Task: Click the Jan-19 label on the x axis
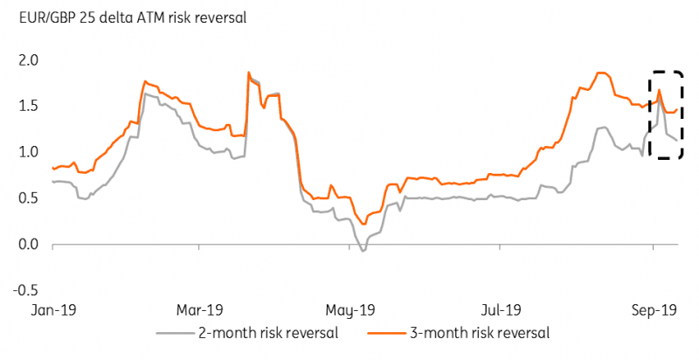(x=52, y=309)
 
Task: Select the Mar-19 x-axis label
(x=200, y=309)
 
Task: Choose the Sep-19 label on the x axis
(x=653, y=309)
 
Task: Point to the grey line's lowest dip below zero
(x=363, y=251)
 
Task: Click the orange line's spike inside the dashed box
(x=659, y=90)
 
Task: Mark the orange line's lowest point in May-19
(x=363, y=224)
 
